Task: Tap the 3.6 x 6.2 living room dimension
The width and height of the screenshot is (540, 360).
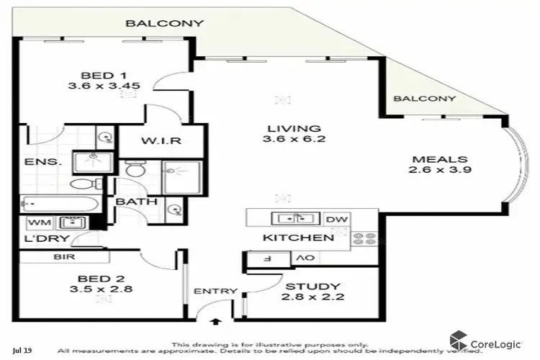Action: pos(291,139)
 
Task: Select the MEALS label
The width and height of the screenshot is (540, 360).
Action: pos(440,159)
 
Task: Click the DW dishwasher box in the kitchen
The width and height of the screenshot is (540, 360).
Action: pos(336,219)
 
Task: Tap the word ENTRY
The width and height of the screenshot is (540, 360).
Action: pos(215,292)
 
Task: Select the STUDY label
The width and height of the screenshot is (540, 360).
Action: pos(312,287)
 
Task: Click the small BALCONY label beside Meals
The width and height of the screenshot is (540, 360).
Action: pos(425,99)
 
